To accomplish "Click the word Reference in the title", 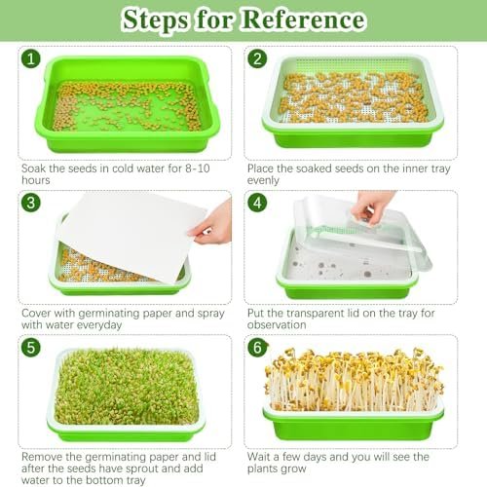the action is [x=304, y=19].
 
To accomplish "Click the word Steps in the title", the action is [x=155, y=20].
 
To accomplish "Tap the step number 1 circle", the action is [x=31, y=59].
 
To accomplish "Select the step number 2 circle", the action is [x=257, y=59].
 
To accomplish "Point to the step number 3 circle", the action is [x=31, y=203].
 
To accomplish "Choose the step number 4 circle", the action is [x=257, y=203].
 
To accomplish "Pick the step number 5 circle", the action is [x=31, y=348].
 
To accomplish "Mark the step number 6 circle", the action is [x=258, y=348].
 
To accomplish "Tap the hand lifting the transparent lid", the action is [x=372, y=206].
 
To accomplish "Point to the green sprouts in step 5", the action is [x=127, y=387].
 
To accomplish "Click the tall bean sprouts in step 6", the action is [x=354, y=380].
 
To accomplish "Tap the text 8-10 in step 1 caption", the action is [x=198, y=169].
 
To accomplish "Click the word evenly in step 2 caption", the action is [x=263, y=180].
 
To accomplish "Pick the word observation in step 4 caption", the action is [x=277, y=324].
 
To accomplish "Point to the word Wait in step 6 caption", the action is [x=258, y=457].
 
